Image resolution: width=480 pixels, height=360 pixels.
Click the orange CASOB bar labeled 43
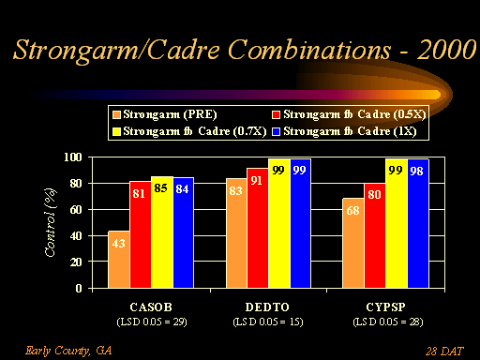click(119, 260)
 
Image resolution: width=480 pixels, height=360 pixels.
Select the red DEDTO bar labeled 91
click(258, 228)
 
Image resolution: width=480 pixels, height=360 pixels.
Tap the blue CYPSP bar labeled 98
click(418, 223)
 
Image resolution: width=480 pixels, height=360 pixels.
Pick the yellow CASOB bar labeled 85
click(162, 232)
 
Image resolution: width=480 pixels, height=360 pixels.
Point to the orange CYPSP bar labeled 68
click(353, 243)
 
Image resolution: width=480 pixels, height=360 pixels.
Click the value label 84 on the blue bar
click(182, 189)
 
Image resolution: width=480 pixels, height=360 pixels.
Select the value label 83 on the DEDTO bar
click(235, 190)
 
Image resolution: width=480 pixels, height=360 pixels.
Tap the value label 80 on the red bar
click(374, 195)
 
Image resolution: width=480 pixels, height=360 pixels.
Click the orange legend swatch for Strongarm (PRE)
click(116, 114)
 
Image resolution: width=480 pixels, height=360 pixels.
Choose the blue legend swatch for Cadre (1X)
click(276, 131)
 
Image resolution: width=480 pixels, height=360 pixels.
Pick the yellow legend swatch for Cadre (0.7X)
click(116, 131)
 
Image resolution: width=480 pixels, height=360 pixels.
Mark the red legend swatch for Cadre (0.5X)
click(276, 114)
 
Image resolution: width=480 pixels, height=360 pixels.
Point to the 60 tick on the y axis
click(76, 210)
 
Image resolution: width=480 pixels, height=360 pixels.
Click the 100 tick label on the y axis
click(73, 157)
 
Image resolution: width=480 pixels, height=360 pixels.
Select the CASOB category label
click(151, 307)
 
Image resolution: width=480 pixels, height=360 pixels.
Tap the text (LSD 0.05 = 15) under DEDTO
click(268, 322)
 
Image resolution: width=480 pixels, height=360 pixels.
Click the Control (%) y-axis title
click(51, 222)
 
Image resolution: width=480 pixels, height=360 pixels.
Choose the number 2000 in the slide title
click(447, 50)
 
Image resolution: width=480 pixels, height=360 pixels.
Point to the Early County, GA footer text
click(68, 351)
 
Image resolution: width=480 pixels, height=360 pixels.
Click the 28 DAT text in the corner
click(444, 352)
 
